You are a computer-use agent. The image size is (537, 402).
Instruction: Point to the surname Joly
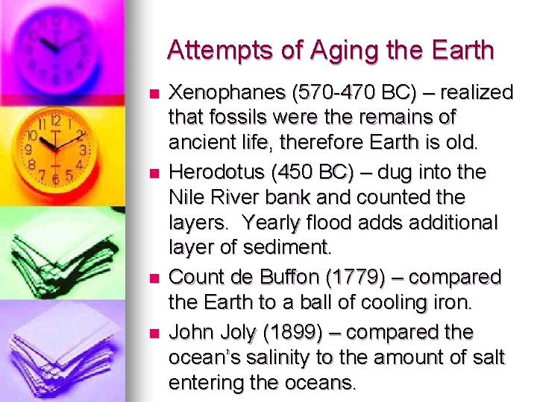[x=241, y=331]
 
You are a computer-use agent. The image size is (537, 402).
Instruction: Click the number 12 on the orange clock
[x=54, y=120]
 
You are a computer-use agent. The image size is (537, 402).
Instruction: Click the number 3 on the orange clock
[x=83, y=149]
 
